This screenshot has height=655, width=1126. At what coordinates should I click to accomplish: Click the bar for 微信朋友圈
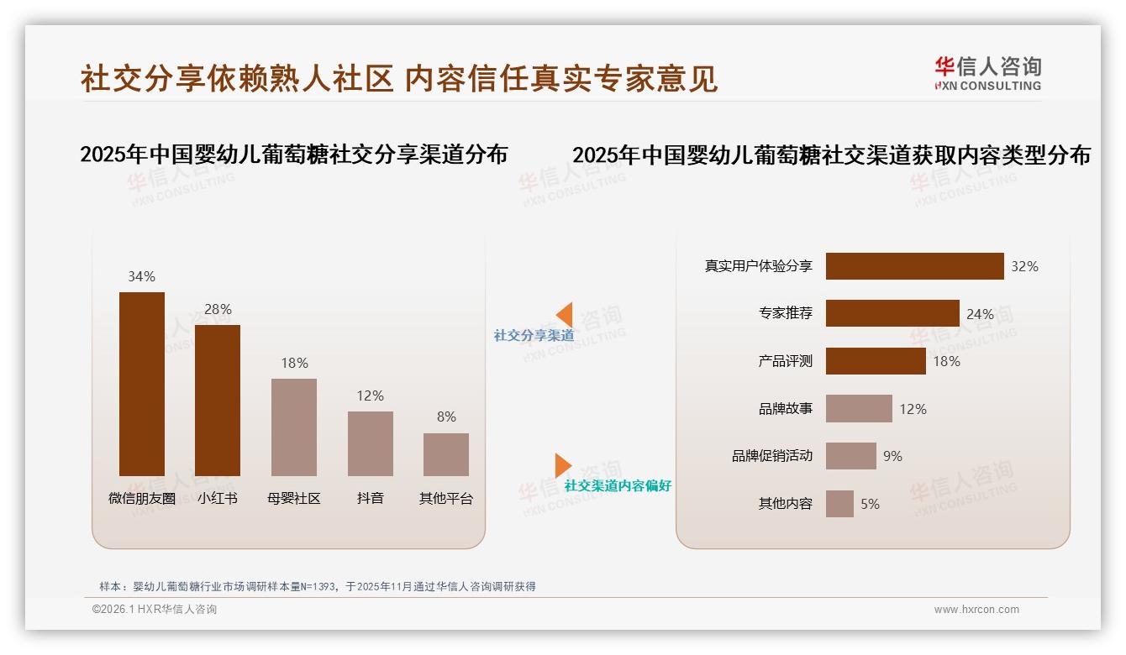point(142,384)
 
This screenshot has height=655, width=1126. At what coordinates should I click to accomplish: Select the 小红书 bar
point(218,401)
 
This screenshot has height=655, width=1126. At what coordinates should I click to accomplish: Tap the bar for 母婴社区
point(294,427)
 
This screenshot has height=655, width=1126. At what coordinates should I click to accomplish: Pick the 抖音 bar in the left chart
point(370,443)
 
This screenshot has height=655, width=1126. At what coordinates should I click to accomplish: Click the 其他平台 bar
point(446,454)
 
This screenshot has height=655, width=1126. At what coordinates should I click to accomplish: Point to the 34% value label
point(141,276)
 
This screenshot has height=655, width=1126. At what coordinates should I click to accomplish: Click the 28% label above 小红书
point(218,309)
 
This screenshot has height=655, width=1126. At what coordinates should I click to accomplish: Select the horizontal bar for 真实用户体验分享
point(914,266)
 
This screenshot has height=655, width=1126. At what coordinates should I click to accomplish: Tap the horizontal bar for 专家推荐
point(892,313)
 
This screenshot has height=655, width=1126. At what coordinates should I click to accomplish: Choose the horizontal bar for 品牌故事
point(859,409)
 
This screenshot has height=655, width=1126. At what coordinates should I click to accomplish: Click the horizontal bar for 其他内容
point(839,504)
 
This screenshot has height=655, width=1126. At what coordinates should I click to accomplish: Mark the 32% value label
point(1024,266)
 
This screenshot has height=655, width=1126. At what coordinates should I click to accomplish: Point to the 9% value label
point(892,456)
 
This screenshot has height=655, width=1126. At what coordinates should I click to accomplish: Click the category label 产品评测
point(785,361)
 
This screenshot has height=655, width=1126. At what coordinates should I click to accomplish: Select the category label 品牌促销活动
point(771,456)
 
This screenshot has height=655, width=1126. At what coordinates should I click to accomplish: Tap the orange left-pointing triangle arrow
point(565,314)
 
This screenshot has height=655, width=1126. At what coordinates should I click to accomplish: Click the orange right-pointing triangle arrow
point(562,465)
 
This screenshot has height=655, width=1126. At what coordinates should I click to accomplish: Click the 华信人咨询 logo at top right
point(987,73)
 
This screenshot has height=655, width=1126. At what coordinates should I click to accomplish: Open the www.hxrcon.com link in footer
point(976,610)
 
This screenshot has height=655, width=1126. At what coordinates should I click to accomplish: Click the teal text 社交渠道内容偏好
point(618,486)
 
